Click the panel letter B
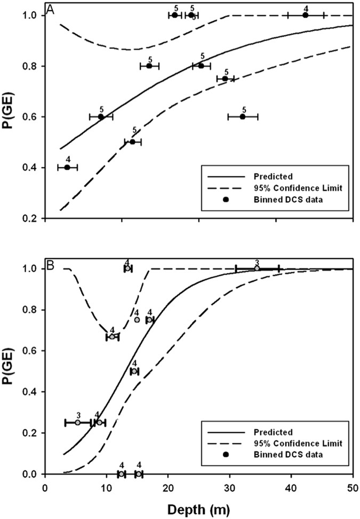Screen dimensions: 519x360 (x=50, y=264)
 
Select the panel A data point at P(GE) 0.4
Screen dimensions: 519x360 (x=67, y=167)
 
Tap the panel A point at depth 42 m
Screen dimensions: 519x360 (x=305, y=15)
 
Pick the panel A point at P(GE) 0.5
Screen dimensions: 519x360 (x=132, y=142)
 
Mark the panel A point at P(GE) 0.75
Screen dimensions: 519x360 (x=225, y=79)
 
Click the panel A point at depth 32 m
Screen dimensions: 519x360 (x=243, y=117)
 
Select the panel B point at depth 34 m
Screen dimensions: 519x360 (x=257, y=269)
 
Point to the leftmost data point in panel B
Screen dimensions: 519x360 (x=78, y=423)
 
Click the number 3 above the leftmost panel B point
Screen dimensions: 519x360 (x=78, y=415)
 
